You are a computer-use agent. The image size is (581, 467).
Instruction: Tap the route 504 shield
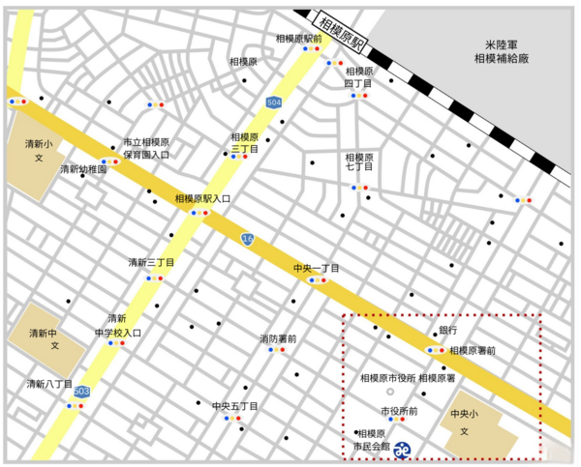click(275, 101)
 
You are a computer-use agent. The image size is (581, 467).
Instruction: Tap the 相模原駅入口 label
click(202, 198)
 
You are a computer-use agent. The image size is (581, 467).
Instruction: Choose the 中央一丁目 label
click(317, 268)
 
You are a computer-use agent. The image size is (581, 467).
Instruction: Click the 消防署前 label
click(278, 338)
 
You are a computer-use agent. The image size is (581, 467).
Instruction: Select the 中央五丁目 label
click(235, 407)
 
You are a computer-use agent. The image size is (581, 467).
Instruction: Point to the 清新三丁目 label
click(152, 262)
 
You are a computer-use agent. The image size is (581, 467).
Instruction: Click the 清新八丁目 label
click(49, 385)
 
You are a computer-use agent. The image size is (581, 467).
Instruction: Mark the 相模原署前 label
click(474, 350)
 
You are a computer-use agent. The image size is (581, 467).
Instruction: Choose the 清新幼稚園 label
click(83, 169)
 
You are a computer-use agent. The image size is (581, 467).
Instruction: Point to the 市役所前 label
click(399, 411)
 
